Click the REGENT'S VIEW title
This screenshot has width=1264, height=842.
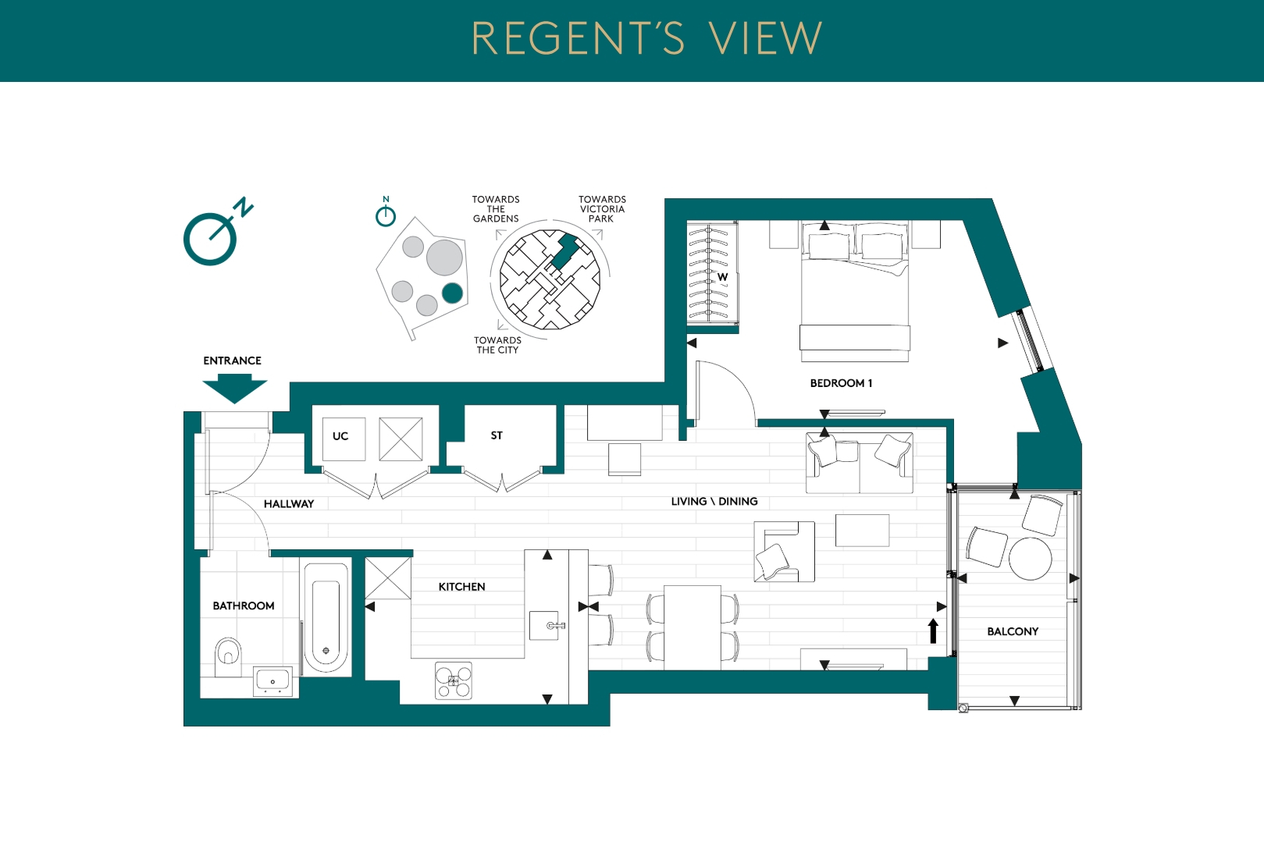(646, 38)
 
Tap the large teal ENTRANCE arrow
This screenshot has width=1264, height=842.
(234, 389)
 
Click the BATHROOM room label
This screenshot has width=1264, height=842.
(244, 606)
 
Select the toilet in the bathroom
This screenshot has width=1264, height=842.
(228, 656)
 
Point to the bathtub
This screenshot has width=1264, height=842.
(326, 618)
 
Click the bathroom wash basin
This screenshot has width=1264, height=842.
(273, 680)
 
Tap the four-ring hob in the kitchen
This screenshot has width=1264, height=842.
(453, 680)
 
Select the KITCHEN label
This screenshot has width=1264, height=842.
(461, 587)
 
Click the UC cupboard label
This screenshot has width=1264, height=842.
(340, 436)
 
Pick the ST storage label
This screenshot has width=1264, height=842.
(497, 435)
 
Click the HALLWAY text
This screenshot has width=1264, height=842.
(289, 503)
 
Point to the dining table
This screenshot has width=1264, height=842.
(693, 627)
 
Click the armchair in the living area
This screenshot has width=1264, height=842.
(785, 551)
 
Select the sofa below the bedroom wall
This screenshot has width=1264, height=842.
(859, 463)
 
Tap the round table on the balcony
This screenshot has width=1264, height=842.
(1030, 558)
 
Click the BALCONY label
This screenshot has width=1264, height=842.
(1013, 631)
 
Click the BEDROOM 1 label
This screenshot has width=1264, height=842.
(841, 383)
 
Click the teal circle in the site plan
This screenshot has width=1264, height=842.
(453, 293)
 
